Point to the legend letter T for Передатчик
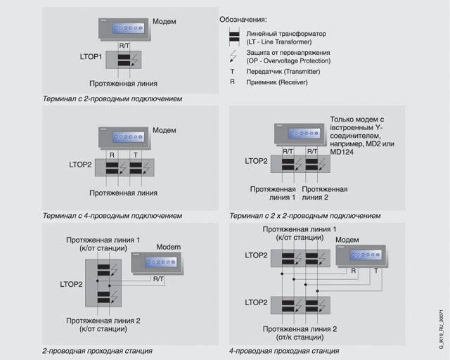coord(233,72)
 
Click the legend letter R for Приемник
coord(233,82)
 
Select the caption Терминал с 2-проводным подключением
coord(112,99)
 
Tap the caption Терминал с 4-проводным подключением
coord(112,215)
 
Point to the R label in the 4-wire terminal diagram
coord(112,154)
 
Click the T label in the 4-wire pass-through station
coord(375,271)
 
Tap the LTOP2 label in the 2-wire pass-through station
coord(71,284)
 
